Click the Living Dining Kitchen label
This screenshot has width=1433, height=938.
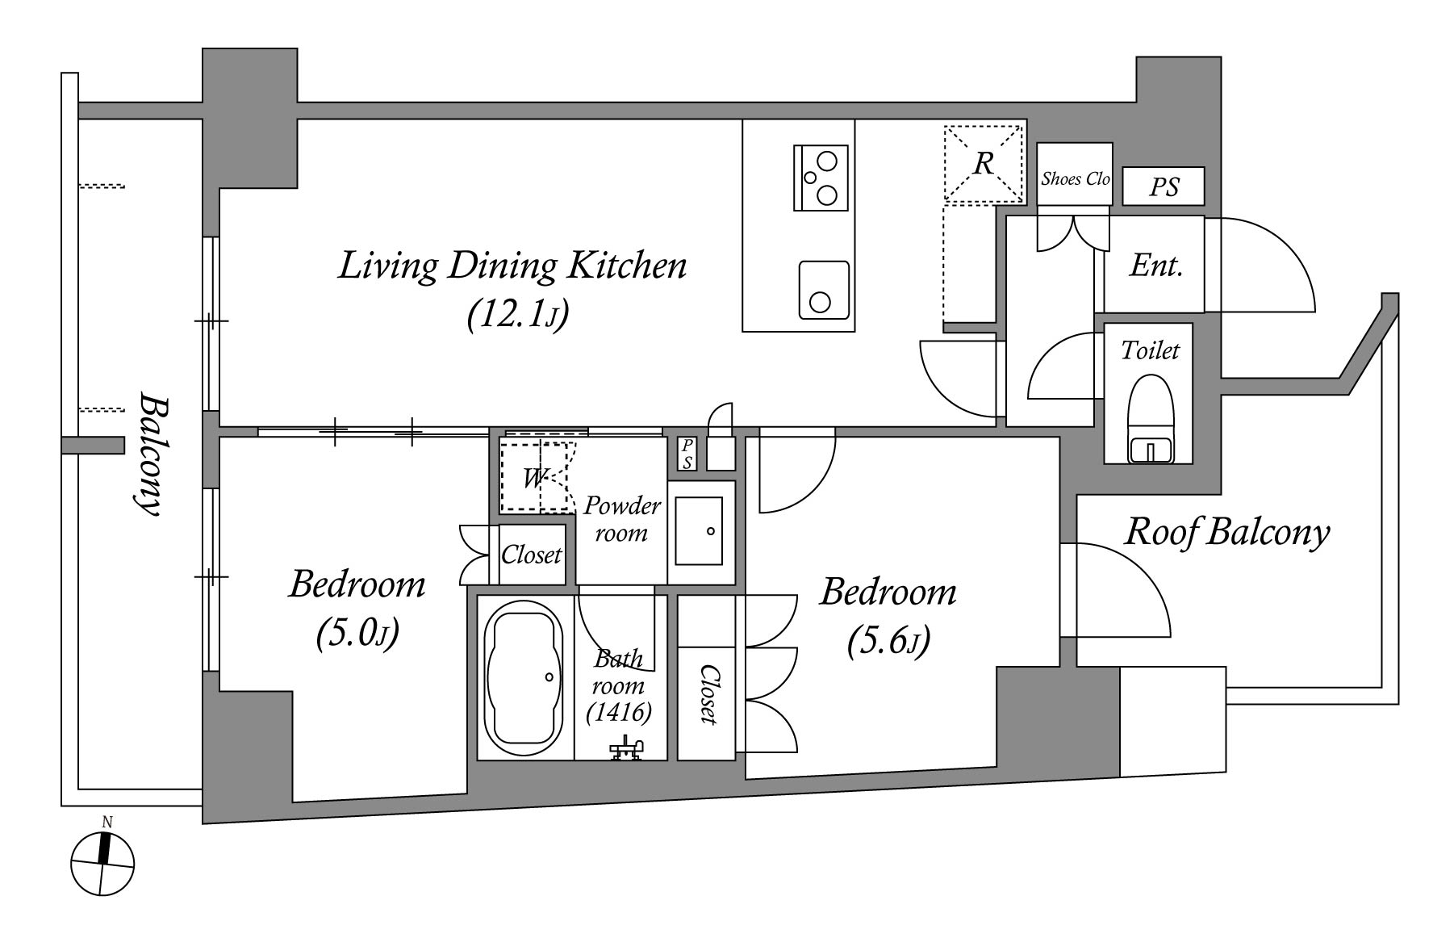pyautogui.click(x=512, y=266)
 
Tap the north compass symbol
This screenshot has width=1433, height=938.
pyautogui.click(x=102, y=863)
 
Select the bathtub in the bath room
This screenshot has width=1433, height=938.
pyautogui.click(x=523, y=678)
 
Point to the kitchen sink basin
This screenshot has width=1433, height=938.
pyautogui.click(x=824, y=290)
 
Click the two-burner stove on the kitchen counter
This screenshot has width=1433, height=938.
pyautogui.click(x=821, y=178)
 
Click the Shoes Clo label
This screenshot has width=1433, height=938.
pyautogui.click(x=1075, y=178)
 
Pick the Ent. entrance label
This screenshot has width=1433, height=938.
pyautogui.click(x=1156, y=265)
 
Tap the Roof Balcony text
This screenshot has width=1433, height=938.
pyautogui.click(x=1226, y=533)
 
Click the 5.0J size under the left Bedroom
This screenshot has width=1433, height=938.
pyautogui.click(x=357, y=634)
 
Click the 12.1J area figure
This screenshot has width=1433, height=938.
pyautogui.click(x=518, y=315)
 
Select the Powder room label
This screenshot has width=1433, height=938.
pyautogui.click(x=621, y=519)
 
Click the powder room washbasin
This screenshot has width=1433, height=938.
pyautogui.click(x=699, y=531)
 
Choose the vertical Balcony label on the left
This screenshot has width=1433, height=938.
pyautogui.click(x=151, y=454)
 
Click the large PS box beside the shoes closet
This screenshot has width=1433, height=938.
pyautogui.click(x=1164, y=186)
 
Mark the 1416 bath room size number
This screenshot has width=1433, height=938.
pyautogui.click(x=619, y=712)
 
